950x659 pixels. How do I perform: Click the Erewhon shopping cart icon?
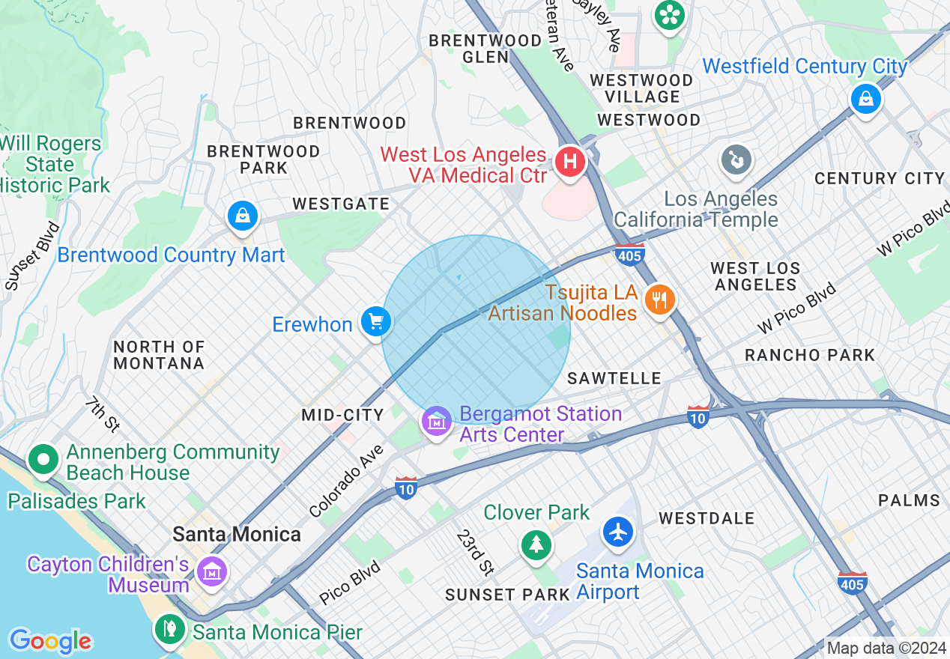click(375, 322)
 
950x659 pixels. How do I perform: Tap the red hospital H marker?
click(570, 161)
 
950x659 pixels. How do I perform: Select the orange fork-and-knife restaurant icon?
click(659, 300)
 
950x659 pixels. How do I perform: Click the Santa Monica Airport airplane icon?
click(618, 532)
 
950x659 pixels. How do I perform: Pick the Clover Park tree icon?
click(536, 544)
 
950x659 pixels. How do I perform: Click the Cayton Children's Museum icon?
click(211, 572)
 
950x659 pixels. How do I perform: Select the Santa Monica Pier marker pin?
click(170, 629)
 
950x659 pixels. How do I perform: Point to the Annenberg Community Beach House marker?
click(43, 459)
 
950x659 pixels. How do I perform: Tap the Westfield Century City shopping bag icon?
click(865, 98)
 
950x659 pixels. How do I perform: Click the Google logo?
click(50, 641)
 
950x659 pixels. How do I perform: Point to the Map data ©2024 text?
click(886, 648)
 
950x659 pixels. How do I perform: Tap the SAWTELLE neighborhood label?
click(614, 379)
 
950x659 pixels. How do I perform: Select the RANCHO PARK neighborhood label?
click(810, 355)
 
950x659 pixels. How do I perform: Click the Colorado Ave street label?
click(347, 481)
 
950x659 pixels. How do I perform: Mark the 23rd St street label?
click(476, 553)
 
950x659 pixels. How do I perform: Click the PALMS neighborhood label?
click(909, 500)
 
